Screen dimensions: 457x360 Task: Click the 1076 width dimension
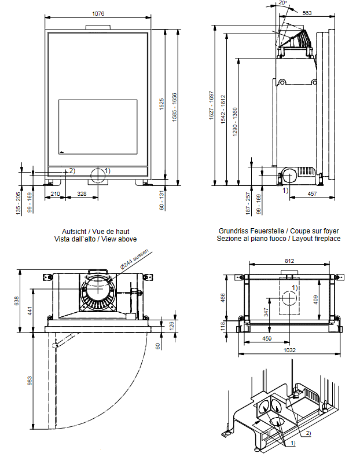(98, 14)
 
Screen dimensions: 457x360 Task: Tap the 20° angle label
(282, 3)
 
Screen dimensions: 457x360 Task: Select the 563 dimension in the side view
(307, 13)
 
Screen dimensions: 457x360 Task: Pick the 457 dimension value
(311, 193)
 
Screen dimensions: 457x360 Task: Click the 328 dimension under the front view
(82, 193)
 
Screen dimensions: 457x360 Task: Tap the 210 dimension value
(56, 193)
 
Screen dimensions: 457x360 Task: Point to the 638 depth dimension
(17, 301)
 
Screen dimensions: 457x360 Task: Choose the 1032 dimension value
(291, 350)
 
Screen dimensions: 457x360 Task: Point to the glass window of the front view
(98, 127)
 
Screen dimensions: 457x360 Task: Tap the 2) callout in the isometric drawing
(308, 433)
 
